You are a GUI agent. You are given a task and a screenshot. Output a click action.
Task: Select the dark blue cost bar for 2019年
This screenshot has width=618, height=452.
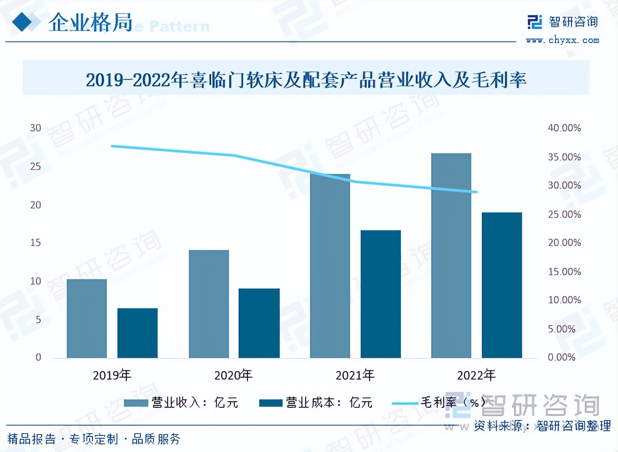[x=137, y=333]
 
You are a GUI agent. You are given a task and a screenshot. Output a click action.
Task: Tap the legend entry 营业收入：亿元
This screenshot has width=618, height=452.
[x=181, y=403]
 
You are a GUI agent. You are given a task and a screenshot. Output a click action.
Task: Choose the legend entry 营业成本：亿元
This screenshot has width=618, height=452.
[x=316, y=403]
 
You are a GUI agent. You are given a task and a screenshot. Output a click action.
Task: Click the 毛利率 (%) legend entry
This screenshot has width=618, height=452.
[x=437, y=403]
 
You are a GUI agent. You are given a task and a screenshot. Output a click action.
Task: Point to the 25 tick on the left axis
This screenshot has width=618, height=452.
[x=36, y=166]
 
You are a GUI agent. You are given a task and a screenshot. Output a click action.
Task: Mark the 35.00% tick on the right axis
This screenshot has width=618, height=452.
[x=564, y=157]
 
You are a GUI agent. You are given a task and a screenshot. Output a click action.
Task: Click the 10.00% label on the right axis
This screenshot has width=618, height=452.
[x=564, y=300]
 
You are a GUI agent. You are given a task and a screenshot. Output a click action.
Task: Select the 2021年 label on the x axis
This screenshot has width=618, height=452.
[x=355, y=375]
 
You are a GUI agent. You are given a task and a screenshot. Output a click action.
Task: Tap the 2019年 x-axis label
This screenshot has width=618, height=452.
[x=112, y=375]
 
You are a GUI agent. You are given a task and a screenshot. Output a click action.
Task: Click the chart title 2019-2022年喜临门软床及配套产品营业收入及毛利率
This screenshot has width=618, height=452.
[x=306, y=80]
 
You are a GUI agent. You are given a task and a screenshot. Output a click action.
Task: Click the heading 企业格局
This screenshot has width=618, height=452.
[x=91, y=23]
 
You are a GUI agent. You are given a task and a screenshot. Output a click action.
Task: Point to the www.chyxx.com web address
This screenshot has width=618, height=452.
[x=562, y=40]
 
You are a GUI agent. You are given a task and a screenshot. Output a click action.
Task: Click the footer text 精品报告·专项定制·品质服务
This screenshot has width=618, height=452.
[x=94, y=439]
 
